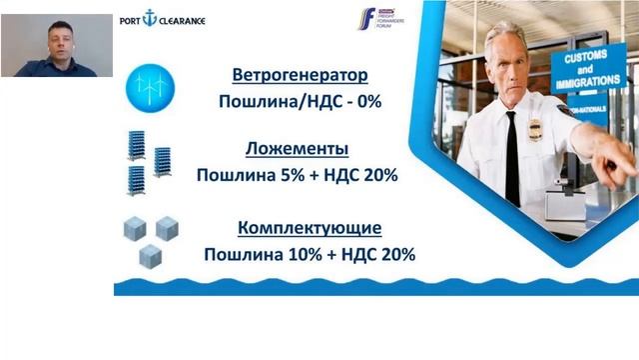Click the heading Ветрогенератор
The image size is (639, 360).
[x=300, y=75]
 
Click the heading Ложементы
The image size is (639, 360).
[x=297, y=149]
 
